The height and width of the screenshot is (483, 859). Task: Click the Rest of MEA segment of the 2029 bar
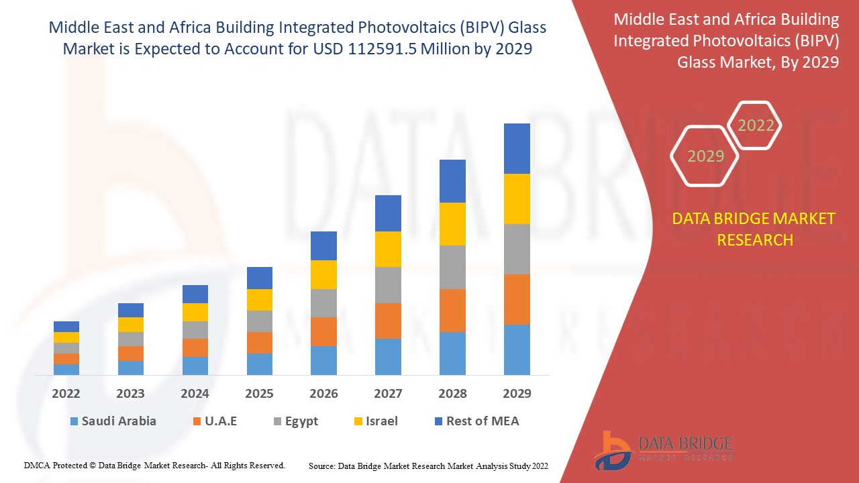tap(517, 148)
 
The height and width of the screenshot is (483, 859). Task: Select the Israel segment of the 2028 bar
tap(452, 224)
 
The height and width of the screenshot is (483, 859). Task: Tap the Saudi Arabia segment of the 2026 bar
tap(323, 360)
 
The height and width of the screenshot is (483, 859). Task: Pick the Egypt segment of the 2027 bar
tap(388, 285)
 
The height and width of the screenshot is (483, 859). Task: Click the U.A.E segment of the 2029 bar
tap(517, 299)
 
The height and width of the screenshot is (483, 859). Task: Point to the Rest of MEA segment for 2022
tap(66, 327)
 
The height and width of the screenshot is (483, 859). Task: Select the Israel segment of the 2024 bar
tap(195, 312)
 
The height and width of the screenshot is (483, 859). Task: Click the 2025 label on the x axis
tap(259, 394)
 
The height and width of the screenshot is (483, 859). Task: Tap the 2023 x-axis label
tap(130, 394)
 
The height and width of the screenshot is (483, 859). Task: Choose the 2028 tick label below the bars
tap(452, 394)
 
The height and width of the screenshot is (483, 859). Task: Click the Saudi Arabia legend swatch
tap(73, 422)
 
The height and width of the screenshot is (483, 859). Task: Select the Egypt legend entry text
tap(301, 421)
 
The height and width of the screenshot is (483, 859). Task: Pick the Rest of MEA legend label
tap(483, 421)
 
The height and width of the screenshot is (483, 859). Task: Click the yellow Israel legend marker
tap(359, 422)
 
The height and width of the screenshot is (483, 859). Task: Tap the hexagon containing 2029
tap(705, 156)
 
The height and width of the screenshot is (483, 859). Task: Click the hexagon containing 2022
tap(756, 125)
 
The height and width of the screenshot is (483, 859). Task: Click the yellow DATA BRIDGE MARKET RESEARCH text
tap(754, 229)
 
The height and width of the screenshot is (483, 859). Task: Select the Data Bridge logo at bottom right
tap(662, 449)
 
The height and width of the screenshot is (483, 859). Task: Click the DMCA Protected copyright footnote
tap(154, 466)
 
